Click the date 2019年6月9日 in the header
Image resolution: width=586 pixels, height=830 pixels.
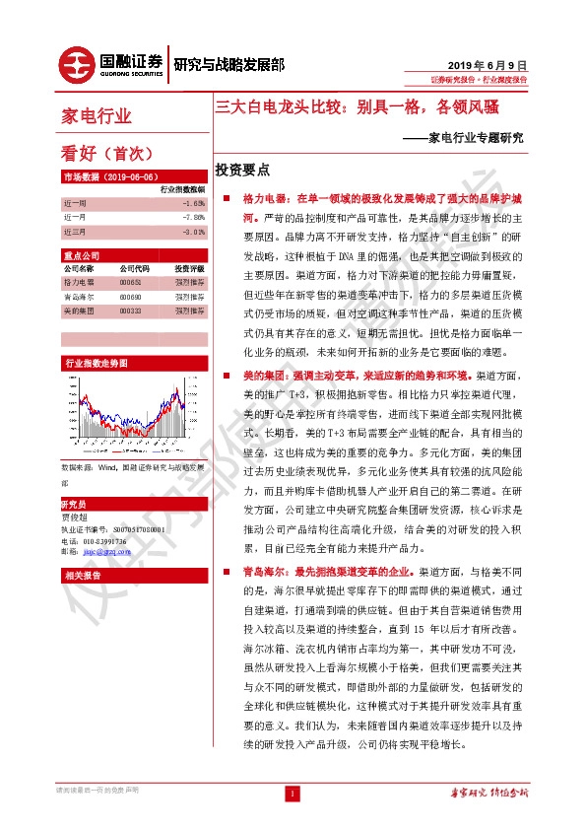[x=494, y=60]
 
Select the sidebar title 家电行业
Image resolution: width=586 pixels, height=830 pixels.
[x=96, y=115]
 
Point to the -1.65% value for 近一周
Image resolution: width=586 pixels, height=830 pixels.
[x=193, y=202]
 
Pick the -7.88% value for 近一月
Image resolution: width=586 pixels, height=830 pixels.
[x=193, y=217]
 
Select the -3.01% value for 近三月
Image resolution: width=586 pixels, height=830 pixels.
[x=193, y=232]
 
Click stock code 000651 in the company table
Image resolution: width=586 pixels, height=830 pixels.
[x=130, y=282]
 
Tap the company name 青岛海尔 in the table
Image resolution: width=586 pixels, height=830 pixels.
[x=78, y=295]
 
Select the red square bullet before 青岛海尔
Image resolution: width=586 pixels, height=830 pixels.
[x=227, y=571]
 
